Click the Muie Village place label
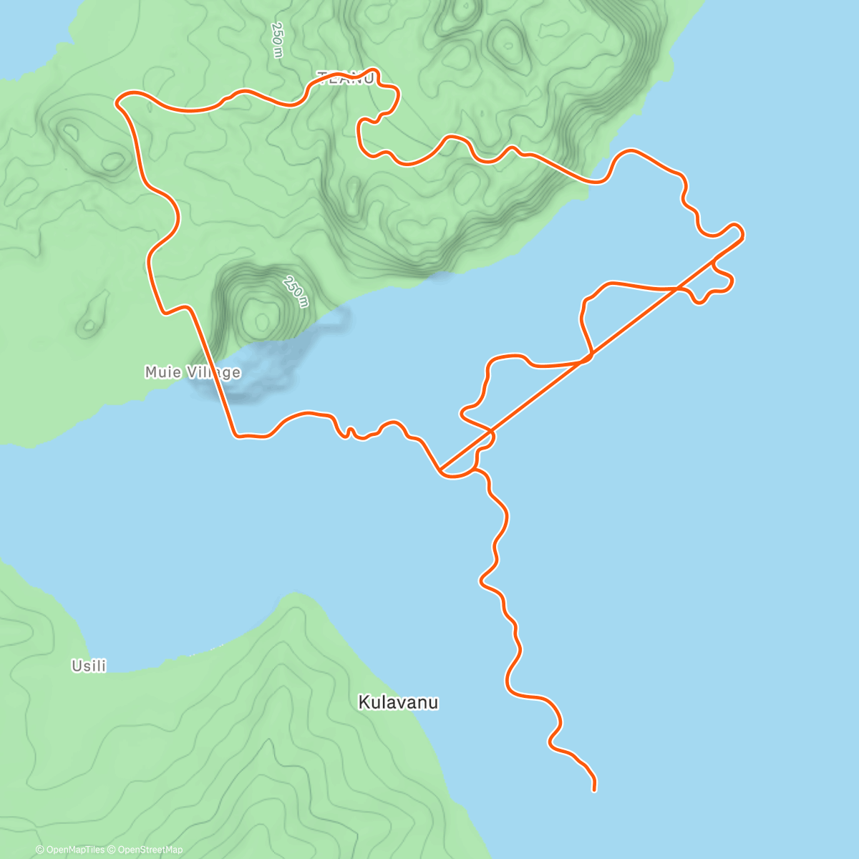pyautogui.click(x=192, y=372)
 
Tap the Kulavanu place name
pyautogui.click(x=398, y=702)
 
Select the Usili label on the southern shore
pyautogui.click(x=89, y=666)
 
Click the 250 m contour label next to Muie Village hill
pyautogui.click(x=294, y=291)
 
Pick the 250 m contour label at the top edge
pyautogui.click(x=278, y=39)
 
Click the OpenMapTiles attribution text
pyautogui.click(x=70, y=850)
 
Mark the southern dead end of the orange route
pyautogui.click(x=594, y=790)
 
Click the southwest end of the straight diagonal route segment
pyautogui.click(x=440, y=471)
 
